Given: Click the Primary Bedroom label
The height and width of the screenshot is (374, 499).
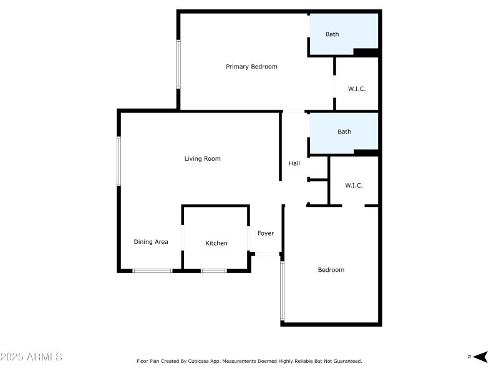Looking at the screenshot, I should [x=251, y=67].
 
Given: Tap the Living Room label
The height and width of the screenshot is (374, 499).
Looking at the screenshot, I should [x=202, y=159].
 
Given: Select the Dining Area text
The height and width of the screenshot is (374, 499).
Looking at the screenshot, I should [x=151, y=242].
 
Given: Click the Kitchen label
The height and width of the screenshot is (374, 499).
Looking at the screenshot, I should [x=216, y=243].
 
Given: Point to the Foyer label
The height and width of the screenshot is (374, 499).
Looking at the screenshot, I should [x=266, y=234].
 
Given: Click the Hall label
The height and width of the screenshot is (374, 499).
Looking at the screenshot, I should [x=294, y=164].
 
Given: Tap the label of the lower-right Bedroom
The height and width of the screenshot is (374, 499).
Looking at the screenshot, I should [x=331, y=270].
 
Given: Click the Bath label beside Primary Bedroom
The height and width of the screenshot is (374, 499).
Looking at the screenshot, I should [x=332, y=34].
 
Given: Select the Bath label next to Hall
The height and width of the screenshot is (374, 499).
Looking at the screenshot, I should [x=344, y=132].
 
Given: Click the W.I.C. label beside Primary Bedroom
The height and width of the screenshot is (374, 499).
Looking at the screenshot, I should [x=356, y=89].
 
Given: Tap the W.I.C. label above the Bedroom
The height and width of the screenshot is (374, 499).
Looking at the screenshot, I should [x=354, y=186].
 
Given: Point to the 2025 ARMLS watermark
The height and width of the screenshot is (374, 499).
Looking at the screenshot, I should [x=31, y=357].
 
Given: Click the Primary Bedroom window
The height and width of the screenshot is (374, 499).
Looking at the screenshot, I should [x=178, y=64].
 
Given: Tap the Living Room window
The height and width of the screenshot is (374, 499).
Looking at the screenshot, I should [x=119, y=161].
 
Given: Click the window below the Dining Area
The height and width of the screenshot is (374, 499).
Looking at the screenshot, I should [x=152, y=271].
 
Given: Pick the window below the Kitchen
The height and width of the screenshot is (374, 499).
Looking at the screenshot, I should [x=213, y=271].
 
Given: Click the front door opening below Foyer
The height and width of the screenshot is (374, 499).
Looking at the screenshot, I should [x=267, y=254].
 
